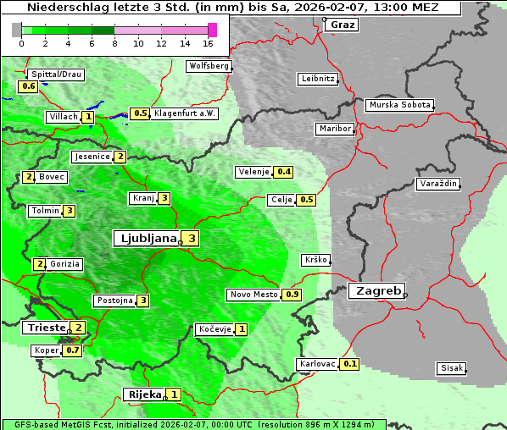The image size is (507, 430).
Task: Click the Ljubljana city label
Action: coord(146,238)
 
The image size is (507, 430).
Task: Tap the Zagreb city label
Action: coord(376,290)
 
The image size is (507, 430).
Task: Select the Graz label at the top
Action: coord(342,24)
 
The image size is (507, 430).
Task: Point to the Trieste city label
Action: coord(46,328)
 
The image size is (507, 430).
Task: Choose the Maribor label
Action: coord(333,129)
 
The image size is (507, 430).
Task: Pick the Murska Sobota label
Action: coord(399,105)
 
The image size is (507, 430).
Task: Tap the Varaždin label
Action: coord(437,184)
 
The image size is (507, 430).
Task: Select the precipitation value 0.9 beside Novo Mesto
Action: coord(292,295)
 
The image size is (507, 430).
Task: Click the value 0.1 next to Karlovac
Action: coord(350,364)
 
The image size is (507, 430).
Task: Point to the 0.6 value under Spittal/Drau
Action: coord(28,86)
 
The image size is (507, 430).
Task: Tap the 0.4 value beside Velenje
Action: coord(284,172)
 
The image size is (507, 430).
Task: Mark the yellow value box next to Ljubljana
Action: coord(192,239)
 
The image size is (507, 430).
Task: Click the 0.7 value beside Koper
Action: coord(73,350)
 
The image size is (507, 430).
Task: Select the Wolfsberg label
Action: coord(209,65)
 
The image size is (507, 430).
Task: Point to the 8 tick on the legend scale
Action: coord(114,43)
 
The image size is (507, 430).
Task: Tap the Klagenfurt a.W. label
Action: coord(185,113)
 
